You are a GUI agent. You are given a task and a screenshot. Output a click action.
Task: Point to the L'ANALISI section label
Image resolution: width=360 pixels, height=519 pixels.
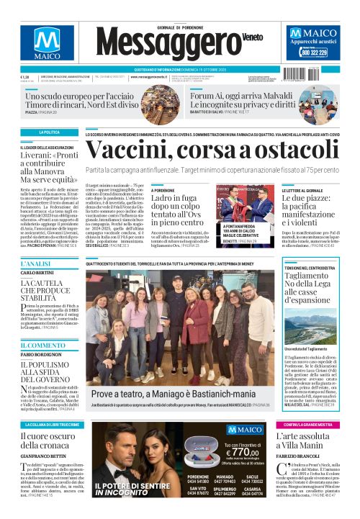tap(35, 265)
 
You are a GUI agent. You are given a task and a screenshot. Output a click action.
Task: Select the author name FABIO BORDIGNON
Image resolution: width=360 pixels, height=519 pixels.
tap(43, 354)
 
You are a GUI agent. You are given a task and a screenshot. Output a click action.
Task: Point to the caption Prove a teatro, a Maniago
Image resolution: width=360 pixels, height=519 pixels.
tap(173, 394)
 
